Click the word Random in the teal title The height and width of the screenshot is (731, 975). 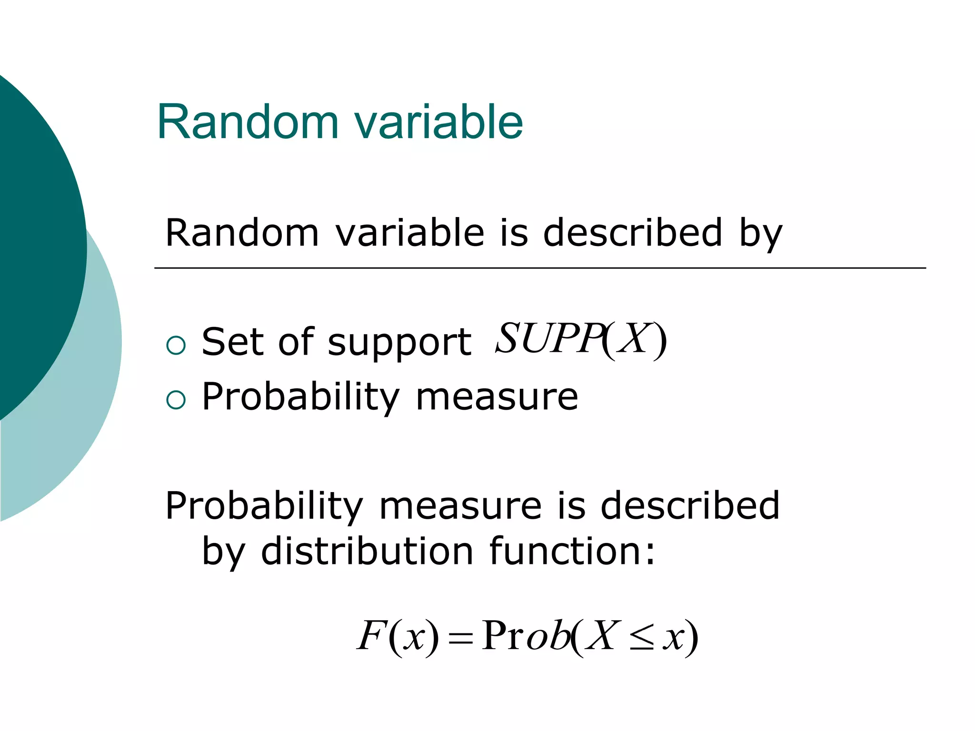pyautogui.click(x=248, y=122)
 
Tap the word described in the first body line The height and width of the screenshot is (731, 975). pyautogui.click(x=633, y=233)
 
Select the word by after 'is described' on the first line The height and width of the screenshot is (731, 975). pyautogui.click(x=760, y=235)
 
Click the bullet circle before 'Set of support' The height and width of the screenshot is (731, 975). pyautogui.click(x=176, y=345)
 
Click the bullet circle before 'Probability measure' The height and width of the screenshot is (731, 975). pyautogui.click(x=176, y=400)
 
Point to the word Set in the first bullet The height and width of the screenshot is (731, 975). pyautogui.click(x=232, y=342)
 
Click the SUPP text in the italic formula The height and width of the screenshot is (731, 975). pyautogui.click(x=547, y=339)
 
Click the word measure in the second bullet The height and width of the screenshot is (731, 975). pyautogui.click(x=497, y=397)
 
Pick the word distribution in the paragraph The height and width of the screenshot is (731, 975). pyautogui.click(x=367, y=552)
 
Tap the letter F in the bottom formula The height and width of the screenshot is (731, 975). pyautogui.click(x=370, y=636)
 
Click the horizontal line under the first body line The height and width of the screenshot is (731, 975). pyautogui.click(x=540, y=268)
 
